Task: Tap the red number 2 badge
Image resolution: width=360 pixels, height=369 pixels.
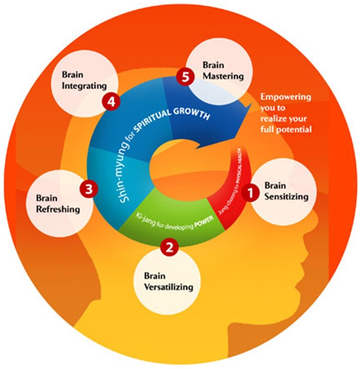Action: coord(168,247)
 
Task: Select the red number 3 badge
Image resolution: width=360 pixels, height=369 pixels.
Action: coord(87,187)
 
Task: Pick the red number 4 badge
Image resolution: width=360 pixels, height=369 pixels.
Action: coord(112,102)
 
